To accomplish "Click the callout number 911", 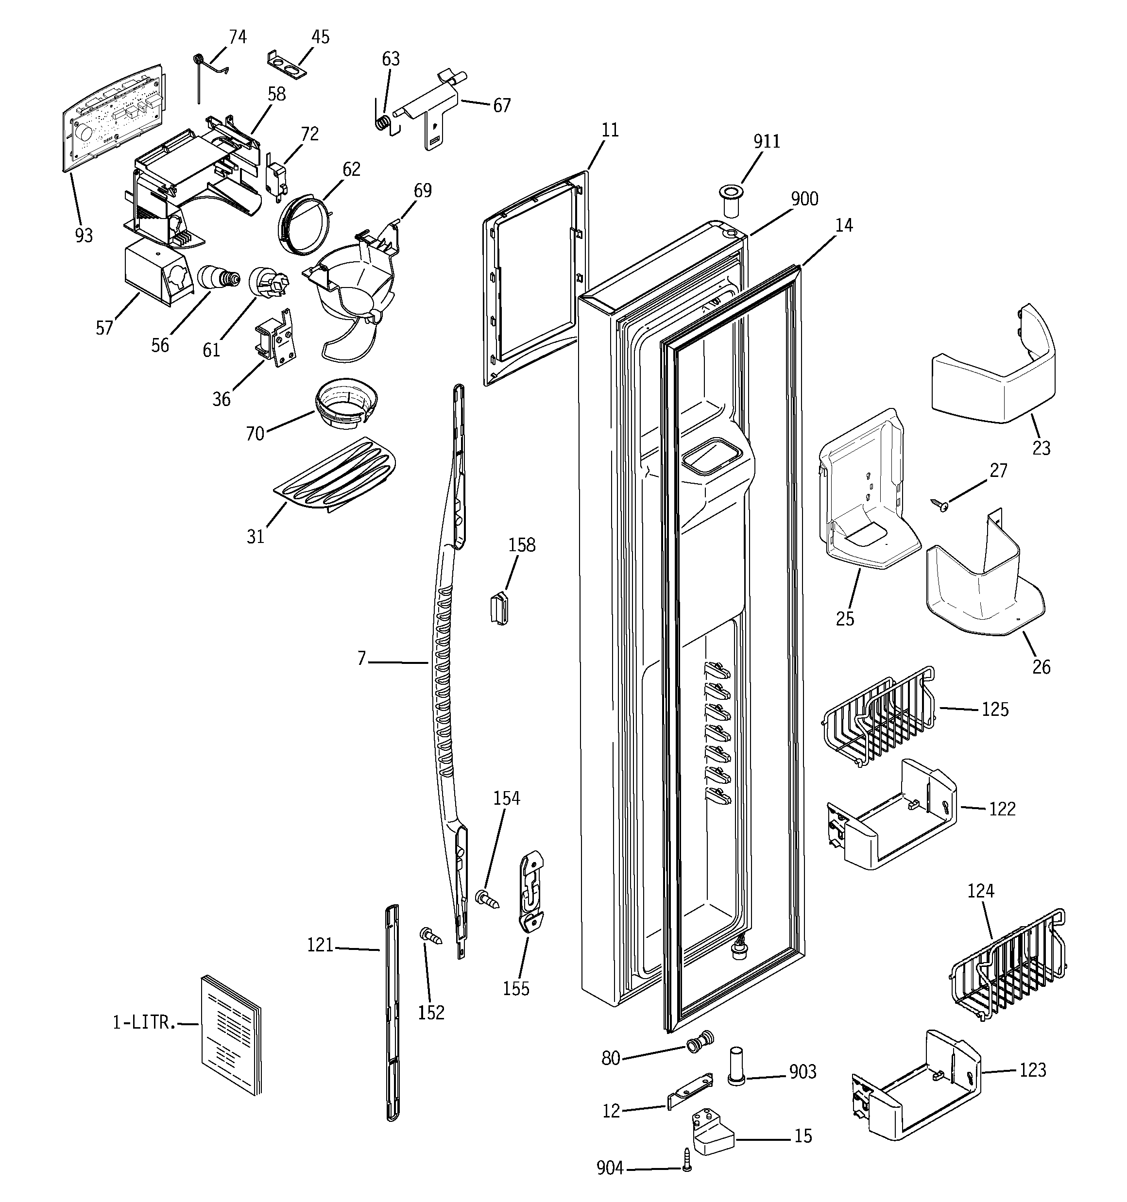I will coord(767,141).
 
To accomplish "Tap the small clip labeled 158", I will coord(498,608).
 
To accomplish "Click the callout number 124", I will coord(981,891).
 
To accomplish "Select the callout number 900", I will coord(804,199).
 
